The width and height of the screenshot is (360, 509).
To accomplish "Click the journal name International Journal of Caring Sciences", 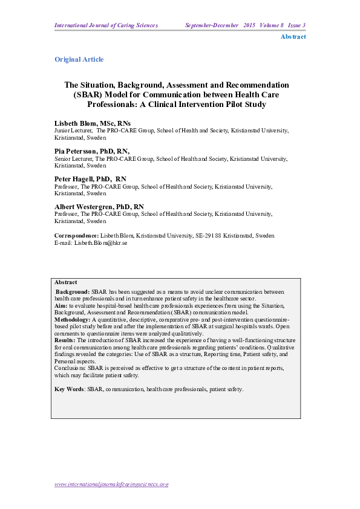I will click(x=106, y=25).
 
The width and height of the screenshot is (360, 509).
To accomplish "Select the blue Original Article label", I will click(x=79, y=59).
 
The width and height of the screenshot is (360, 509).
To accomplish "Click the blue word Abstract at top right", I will click(x=293, y=37).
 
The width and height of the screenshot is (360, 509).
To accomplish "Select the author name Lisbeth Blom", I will click(x=76, y=123).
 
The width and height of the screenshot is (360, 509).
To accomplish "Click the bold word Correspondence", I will click(x=77, y=236).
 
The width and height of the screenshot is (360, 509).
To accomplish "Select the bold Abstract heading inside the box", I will click(x=65, y=282).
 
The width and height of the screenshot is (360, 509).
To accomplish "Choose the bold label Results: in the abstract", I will click(x=66, y=342).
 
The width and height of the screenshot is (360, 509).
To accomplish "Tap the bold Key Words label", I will click(x=69, y=389).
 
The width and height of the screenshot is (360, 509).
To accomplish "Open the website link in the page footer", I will click(x=111, y=484).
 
